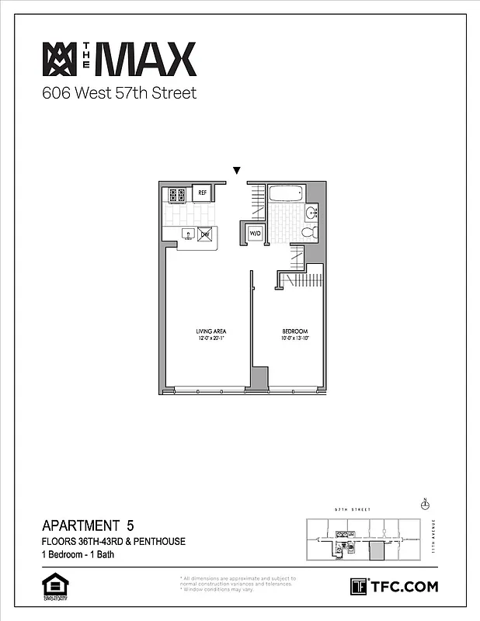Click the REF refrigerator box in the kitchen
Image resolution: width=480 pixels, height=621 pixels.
202,193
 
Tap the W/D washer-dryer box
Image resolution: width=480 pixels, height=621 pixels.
255,234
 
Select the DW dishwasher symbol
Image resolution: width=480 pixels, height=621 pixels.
206,234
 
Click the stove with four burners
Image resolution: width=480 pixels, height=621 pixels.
176,195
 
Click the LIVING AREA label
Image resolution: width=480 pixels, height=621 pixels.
210,331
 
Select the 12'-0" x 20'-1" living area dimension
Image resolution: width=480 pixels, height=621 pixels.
210,338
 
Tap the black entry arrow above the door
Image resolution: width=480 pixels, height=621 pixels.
238,171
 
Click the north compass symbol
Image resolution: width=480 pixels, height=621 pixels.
424,505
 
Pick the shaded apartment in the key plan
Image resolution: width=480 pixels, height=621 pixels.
376,552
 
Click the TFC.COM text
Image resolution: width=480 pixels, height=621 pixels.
404,586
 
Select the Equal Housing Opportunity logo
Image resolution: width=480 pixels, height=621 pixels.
53,587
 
